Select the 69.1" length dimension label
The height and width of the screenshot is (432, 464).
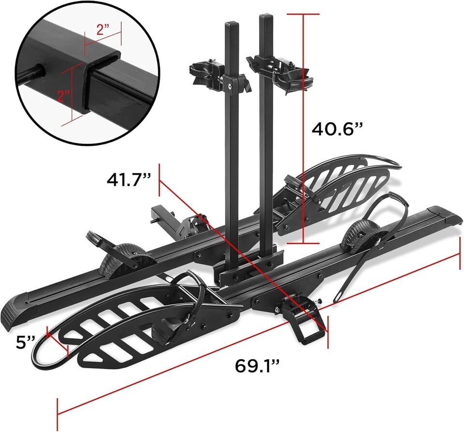point(257,366)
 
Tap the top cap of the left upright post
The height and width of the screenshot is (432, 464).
point(232,24)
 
